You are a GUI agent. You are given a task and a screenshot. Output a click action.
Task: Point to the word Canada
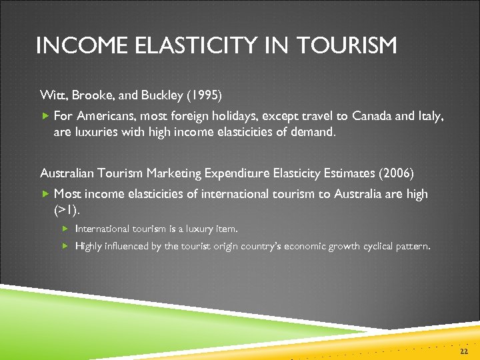[373, 116]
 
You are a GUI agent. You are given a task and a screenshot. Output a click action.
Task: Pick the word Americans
[101, 116]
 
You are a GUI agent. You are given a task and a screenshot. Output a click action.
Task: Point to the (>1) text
[66, 210]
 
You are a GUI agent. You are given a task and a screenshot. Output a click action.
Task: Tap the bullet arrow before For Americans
[45, 116]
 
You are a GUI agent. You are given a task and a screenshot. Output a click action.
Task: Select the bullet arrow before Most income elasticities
[45, 194]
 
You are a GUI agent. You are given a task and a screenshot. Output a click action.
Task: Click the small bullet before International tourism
[66, 229]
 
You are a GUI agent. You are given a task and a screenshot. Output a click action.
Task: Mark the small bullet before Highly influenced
[66, 246]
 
